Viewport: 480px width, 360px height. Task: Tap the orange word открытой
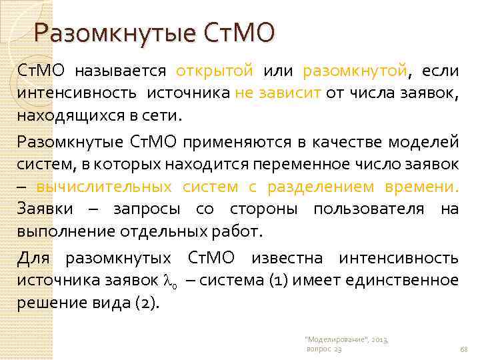[x=215, y=71]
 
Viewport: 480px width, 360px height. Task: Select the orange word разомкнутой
[x=355, y=71]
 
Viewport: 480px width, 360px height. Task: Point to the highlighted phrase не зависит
[x=279, y=93]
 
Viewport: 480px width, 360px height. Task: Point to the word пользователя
[x=368, y=209]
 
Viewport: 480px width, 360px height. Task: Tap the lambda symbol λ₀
[x=169, y=281]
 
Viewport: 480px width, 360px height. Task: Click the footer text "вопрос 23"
[x=323, y=349]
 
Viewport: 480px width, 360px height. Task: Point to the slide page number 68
[x=464, y=349]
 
